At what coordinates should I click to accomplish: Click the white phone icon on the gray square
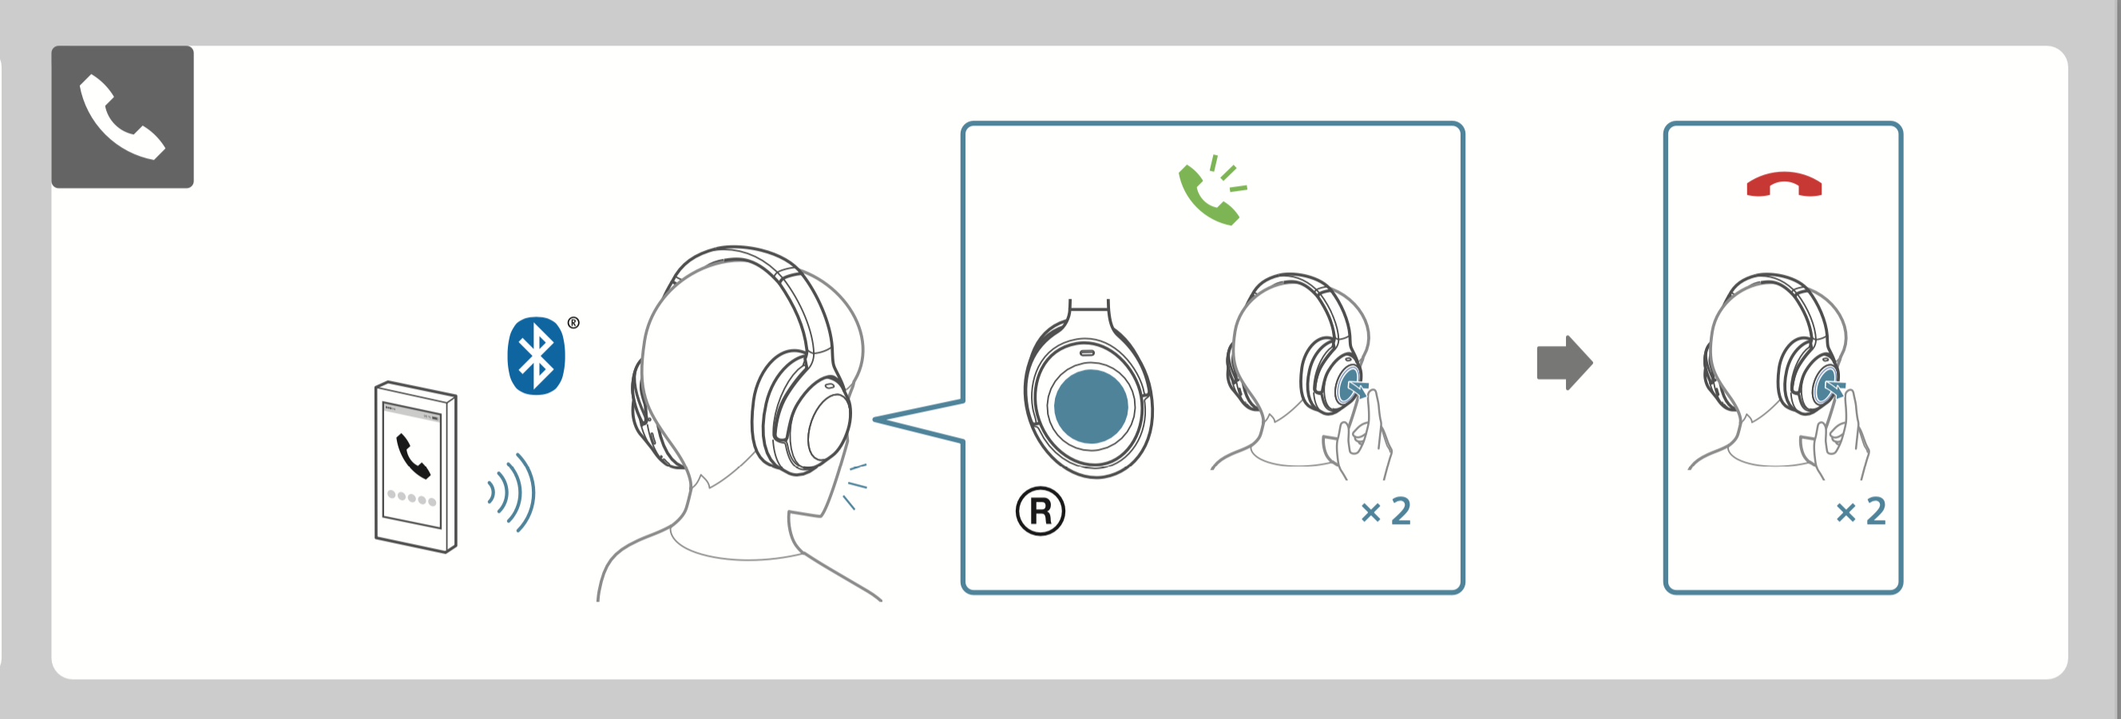pos(122,117)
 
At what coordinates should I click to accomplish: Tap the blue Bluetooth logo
pos(536,356)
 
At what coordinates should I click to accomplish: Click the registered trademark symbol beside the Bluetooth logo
pos(574,323)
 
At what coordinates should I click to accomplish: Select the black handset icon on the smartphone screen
pos(414,455)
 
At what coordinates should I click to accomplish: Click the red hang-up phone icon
pos(1783,185)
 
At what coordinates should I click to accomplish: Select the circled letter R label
pos(1040,511)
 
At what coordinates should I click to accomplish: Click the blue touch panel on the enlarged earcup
pos(1091,406)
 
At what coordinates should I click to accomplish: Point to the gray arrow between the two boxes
pos(1564,363)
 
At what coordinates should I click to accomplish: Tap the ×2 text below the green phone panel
pos(1386,511)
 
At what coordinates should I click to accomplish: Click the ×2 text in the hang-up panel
pos(1861,511)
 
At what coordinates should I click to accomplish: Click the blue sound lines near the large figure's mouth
pos(854,486)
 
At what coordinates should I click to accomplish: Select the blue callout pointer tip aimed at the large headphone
pos(874,419)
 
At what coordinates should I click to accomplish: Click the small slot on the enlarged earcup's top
pos(1088,352)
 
